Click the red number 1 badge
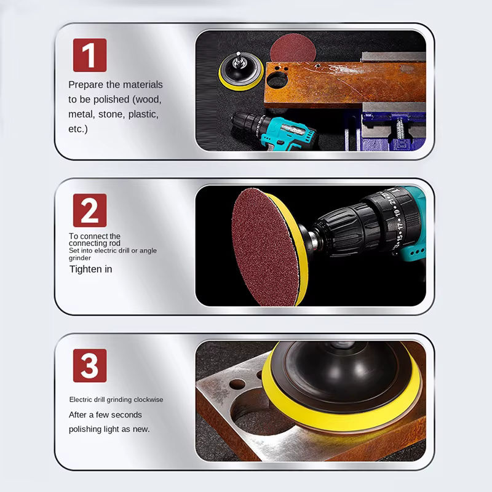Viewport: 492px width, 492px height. (x=90, y=55)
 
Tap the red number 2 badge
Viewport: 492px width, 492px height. (x=90, y=210)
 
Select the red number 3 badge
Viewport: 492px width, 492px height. (x=90, y=365)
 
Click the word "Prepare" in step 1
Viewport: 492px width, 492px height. (x=85, y=85)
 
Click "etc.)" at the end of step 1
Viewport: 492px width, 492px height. (x=78, y=129)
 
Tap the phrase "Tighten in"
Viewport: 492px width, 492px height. (x=90, y=269)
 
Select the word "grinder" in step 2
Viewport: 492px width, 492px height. (x=80, y=258)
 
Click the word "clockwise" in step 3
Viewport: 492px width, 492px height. (x=148, y=399)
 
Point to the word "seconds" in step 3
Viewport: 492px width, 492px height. (x=127, y=415)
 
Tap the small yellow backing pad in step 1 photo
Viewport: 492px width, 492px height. (x=240, y=71)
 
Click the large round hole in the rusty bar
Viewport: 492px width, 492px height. (x=277, y=80)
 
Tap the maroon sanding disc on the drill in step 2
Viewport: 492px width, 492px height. (x=265, y=247)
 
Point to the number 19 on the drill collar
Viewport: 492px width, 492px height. (x=397, y=212)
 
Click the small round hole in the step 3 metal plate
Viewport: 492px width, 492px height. (x=237, y=384)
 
